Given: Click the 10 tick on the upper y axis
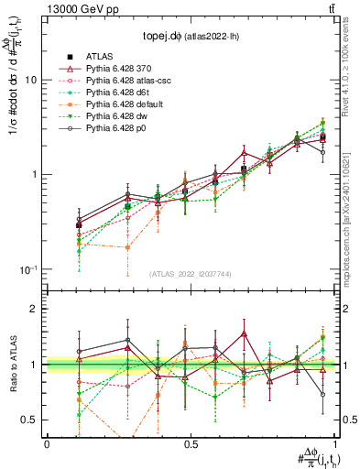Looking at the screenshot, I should [x=30, y=80].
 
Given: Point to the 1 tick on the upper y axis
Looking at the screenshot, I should [x=33, y=174].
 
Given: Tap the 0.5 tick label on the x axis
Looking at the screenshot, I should [x=191, y=445].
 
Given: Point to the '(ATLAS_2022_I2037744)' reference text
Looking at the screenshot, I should [x=191, y=273].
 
